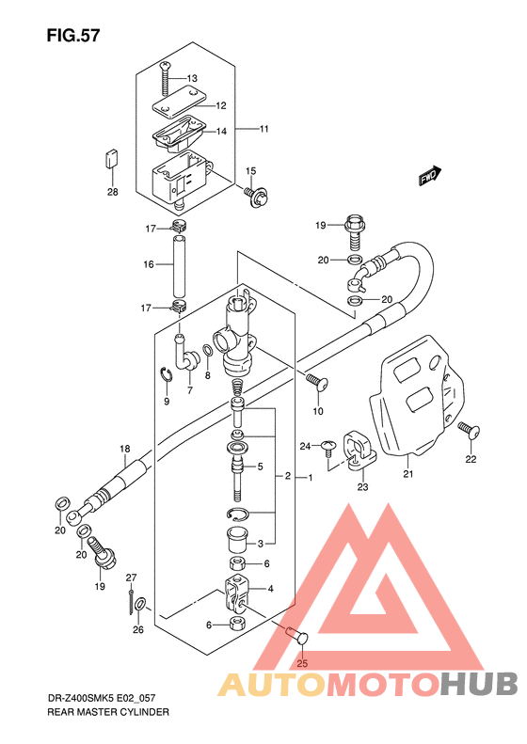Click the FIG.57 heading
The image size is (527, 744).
[73, 35]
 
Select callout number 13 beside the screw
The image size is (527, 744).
[192, 78]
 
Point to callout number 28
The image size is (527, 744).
[113, 192]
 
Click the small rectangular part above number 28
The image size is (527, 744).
[112, 158]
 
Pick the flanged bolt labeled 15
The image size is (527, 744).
[256, 196]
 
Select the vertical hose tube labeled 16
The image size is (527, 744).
[179, 264]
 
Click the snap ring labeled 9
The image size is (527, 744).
[166, 374]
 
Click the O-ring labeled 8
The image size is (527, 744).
[208, 351]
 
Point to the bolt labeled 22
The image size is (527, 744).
[469, 430]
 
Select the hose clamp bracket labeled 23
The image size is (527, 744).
[359, 450]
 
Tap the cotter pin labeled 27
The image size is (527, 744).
[131, 601]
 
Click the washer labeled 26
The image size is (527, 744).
[140, 605]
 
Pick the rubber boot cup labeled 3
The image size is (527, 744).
[236, 540]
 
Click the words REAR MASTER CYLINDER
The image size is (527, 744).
[108, 712]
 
